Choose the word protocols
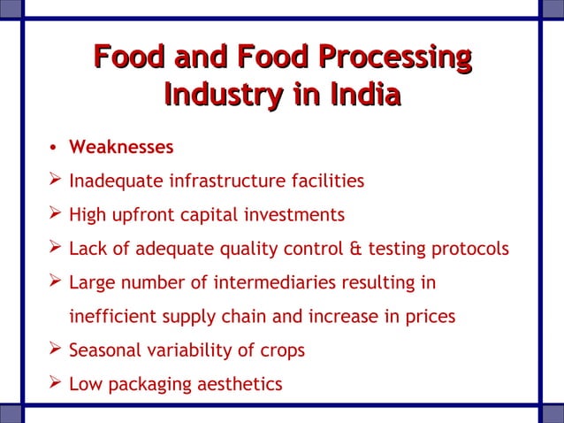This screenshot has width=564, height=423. click(x=470, y=249)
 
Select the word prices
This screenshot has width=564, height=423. click(x=428, y=316)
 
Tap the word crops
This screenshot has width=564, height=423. click(x=281, y=351)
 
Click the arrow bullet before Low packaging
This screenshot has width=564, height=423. click(x=55, y=382)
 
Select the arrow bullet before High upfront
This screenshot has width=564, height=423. click(x=55, y=214)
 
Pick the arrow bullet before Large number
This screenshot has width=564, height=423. click(x=55, y=281)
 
